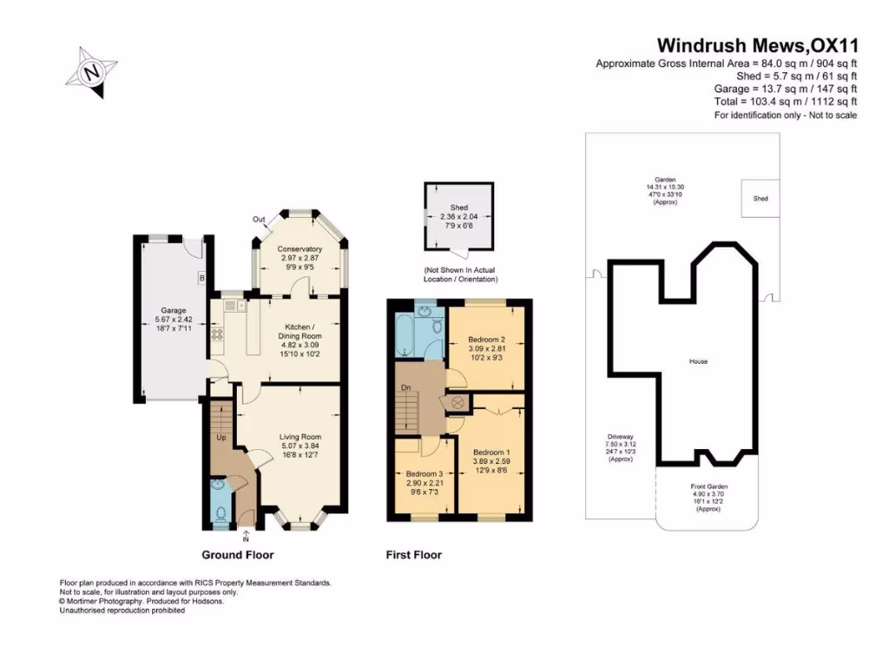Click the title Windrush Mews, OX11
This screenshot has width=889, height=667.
(x=756, y=45)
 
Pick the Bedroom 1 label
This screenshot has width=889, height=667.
(x=491, y=458)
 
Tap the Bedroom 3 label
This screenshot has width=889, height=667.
(x=424, y=480)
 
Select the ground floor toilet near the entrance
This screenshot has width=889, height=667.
(x=219, y=513)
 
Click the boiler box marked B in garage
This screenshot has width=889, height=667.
(x=201, y=279)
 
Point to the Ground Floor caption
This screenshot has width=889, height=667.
(x=238, y=555)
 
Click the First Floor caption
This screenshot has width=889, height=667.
(x=413, y=555)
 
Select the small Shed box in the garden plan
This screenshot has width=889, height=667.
(x=760, y=199)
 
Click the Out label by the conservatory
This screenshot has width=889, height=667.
(x=258, y=219)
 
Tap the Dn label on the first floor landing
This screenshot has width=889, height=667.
(x=405, y=388)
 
